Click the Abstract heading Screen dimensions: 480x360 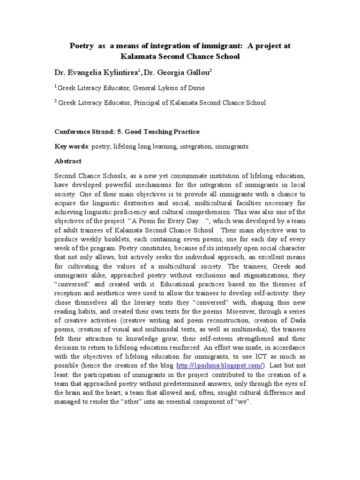68,161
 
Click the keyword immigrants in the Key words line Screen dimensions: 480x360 232,146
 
